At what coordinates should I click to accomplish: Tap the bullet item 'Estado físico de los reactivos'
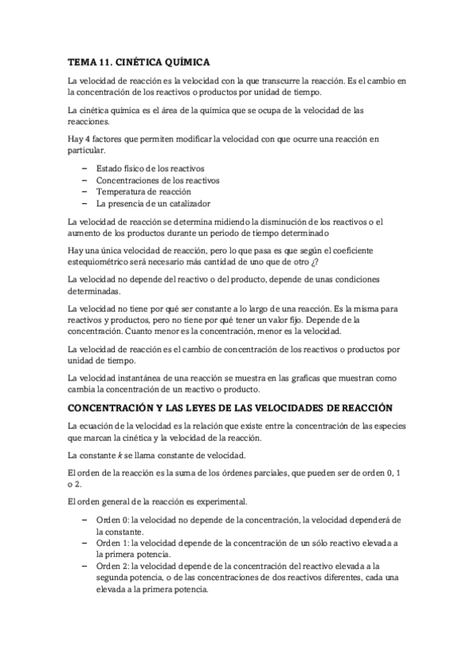[x=150, y=169]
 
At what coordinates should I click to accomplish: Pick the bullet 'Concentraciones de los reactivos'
[x=157, y=180]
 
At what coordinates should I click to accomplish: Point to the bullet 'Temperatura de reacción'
[x=143, y=191]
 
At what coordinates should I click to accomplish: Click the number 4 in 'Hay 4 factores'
[x=87, y=138]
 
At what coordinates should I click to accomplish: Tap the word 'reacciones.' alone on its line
[x=89, y=122]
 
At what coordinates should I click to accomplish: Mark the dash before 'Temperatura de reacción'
[x=84, y=191]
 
